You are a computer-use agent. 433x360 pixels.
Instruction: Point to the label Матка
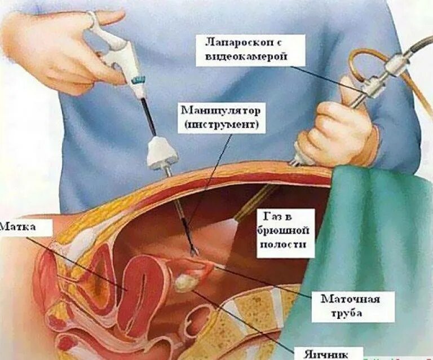(x=19, y=227)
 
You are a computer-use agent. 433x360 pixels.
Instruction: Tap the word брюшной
(x=285, y=230)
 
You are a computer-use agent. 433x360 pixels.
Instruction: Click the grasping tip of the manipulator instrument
(x=193, y=252)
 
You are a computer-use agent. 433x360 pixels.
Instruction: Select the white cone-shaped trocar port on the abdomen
(x=162, y=152)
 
